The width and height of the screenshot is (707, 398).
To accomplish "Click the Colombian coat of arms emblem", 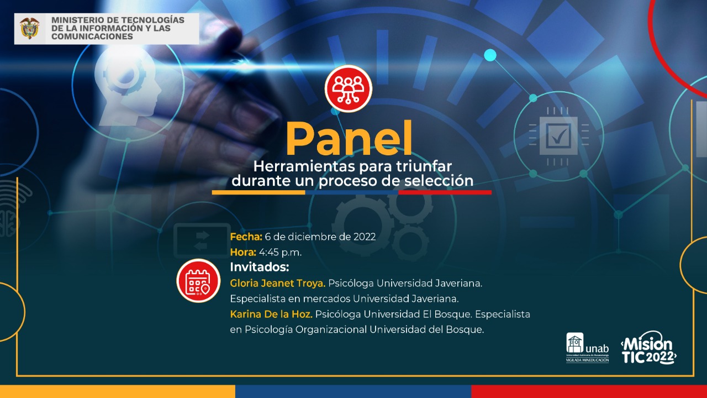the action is point(30,28).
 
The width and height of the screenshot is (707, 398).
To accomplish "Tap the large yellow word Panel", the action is point(349,138).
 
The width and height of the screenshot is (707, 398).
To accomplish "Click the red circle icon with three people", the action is point(349,89).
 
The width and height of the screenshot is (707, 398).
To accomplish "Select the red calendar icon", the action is point(198,281).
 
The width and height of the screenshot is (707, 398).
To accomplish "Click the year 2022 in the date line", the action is point(365,237).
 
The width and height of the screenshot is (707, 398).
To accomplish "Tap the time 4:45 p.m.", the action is point(280,253).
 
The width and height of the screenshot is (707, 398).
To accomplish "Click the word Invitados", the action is point(260,267).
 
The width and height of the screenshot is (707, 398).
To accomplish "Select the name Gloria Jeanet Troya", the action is point(278,284).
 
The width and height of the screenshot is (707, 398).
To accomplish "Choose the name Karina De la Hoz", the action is point(271,315).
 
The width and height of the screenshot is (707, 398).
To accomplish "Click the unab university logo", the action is point(587,348).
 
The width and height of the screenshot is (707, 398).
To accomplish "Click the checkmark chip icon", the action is point(558,136).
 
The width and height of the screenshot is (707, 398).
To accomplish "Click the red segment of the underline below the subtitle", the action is point(445,192).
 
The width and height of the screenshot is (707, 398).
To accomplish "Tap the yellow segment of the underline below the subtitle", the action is point(258,192).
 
